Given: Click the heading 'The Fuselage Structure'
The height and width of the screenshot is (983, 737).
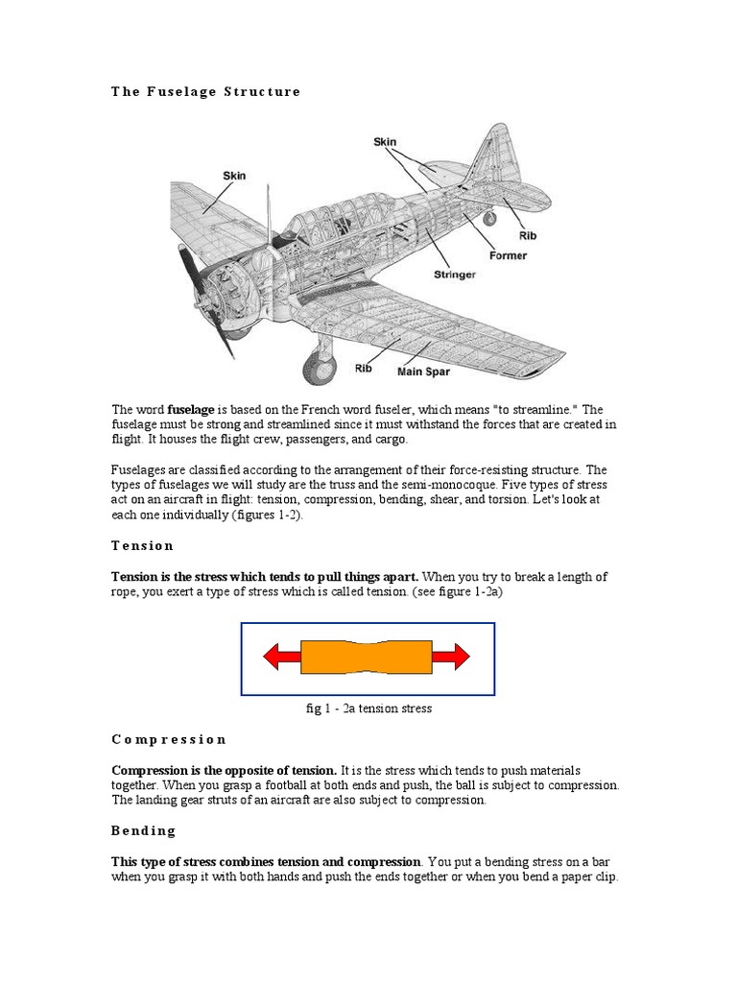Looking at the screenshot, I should click(x=205, y=92).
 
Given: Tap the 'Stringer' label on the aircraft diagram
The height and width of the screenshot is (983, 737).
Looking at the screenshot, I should click(x=454, y=275).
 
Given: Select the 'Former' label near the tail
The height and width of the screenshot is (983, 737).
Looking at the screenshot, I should click(x=508, y=256).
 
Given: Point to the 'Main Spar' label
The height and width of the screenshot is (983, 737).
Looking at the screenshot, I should click(x=424, y=372).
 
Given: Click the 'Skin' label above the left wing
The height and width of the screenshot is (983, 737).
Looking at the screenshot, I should click(x=234, y=176).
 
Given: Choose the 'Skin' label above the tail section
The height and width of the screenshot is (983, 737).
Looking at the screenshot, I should click(x=385, y=142).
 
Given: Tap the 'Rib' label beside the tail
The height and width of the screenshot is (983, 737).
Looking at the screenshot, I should click(x=528, y=234).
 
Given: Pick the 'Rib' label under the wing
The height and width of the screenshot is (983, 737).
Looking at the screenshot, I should click(x=364, y=368).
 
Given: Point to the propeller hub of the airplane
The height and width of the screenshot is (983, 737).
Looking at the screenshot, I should click(x=213, y=278).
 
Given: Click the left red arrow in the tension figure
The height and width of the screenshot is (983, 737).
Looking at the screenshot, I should click(x=281, y=657).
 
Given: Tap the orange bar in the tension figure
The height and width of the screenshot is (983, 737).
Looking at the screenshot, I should click(x=367, y=657).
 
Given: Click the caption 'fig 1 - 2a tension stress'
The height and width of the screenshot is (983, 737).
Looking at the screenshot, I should click(x=368, y=708).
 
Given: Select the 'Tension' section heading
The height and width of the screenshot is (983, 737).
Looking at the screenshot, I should click(x=142, y=546).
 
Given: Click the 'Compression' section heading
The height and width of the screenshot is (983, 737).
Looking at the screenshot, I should click(x=169, y=740).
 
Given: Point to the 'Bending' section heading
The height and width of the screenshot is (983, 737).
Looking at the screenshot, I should click(x=144, y=830).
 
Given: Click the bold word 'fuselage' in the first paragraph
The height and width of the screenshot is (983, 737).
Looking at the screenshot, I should click(x=190, y=410).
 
